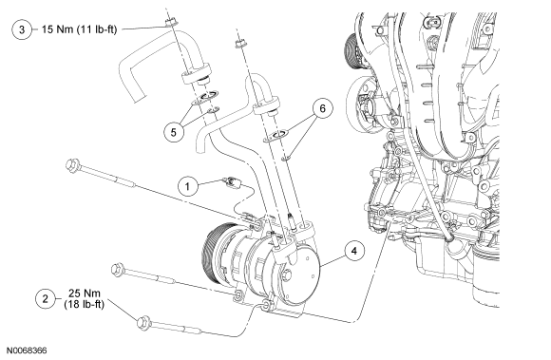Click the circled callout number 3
[22, 29]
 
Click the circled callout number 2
[46, 299]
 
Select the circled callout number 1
[187, 186]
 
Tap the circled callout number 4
[353, 251]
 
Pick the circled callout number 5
[174, 132]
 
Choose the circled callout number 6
[322, 108]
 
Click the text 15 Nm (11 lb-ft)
[79, 29]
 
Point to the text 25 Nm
[85, 293]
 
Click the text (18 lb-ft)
[85, 304]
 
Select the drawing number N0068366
[27, 351]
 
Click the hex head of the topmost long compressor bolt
[73, 164]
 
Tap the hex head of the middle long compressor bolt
[117, 270]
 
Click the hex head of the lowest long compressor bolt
[143, 323]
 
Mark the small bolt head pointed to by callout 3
[171, 23]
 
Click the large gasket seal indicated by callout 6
[275, 136]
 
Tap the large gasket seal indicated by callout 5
[205, 98]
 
